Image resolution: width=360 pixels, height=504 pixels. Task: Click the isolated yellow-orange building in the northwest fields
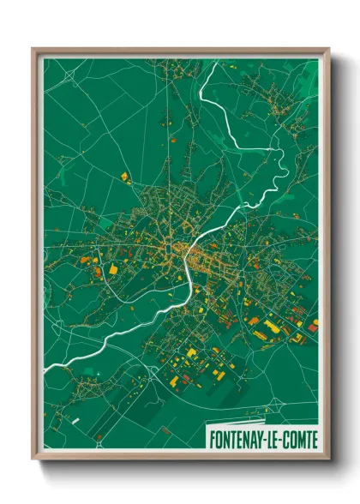123,176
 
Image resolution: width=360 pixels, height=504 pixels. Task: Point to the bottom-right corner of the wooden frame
328,459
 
